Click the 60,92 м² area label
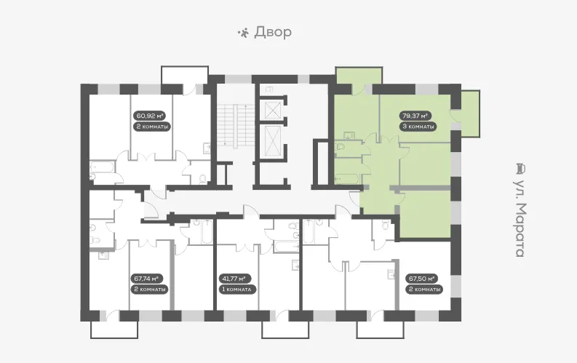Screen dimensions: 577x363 tap(149, 116)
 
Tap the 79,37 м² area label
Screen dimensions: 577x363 tap(415, 116)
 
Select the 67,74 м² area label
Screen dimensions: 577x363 tap(147, 279)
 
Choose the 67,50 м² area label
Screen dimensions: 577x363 tap(421, 279)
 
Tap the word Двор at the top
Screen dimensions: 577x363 tap(273, 32)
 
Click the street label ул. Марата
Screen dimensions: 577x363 tap(520, 218)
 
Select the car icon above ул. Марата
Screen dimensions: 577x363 tap(520, 169)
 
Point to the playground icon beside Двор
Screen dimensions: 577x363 tap(243, 33)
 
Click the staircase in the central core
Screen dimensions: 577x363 tap(236, 125)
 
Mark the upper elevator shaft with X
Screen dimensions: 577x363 tap(274, 110)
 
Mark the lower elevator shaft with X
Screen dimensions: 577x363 tap(274, 141)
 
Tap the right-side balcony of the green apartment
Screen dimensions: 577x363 tap(470, 113)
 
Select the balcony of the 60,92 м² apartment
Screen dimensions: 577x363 tap(185, 76)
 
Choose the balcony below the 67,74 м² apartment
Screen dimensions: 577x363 tap(114, 329)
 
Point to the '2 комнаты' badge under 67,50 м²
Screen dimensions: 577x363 tap(424, 290)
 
